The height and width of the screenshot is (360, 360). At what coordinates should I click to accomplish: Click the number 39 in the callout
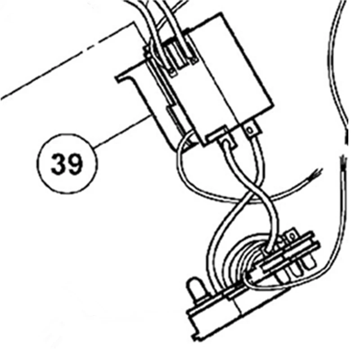click(67, 165)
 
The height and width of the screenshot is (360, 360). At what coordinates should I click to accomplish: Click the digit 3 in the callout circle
click(58, 165)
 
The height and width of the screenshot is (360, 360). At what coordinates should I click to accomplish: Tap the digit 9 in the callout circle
click(75, 165)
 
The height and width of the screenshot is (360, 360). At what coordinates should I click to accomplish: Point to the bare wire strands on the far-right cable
click(343, 159)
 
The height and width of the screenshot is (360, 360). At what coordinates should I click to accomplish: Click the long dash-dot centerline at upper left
click(67, 63)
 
